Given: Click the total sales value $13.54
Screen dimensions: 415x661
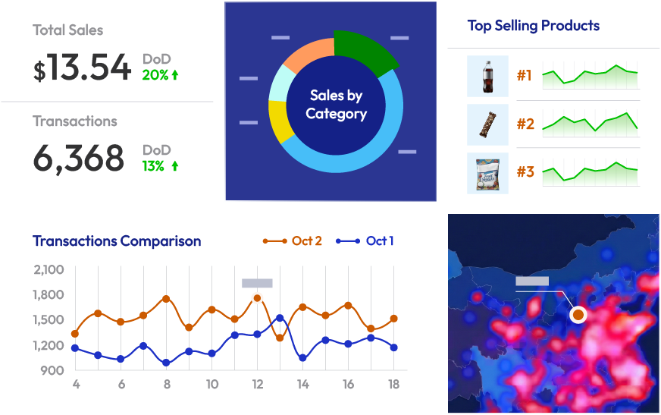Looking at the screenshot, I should (82, 68).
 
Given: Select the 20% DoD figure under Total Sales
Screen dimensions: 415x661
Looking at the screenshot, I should (160, 75).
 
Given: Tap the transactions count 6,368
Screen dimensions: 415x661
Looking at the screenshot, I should (78, 159).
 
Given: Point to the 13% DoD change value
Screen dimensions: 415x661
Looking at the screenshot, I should (160, 165).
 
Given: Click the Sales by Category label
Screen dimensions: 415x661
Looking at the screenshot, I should (336, 105).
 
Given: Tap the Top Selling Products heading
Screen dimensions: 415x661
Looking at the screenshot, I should (533, 26).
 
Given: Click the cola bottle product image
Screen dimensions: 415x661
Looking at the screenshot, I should (487, 76).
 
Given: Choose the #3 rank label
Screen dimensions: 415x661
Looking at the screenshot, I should (525, 172).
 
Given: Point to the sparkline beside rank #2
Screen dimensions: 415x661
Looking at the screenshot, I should (590, 122).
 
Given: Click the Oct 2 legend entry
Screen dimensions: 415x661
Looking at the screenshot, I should (293, 241).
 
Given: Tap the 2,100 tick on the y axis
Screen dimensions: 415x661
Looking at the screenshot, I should (49, 269).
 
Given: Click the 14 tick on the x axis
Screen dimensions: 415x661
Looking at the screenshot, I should (302, 385).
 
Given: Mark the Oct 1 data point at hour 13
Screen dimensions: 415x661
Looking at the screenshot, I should (280, 319).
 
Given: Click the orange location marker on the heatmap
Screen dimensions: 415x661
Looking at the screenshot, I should (578, 314).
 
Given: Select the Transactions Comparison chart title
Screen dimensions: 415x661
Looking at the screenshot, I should (117, 241).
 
